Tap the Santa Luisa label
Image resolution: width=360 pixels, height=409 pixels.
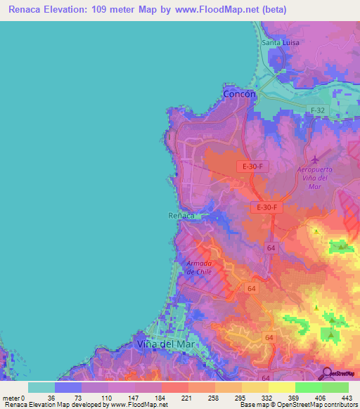281,43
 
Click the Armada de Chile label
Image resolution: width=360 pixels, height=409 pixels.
199,267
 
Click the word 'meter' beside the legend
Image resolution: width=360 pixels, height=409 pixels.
12,398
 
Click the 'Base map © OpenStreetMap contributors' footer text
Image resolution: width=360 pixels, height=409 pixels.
297,405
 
